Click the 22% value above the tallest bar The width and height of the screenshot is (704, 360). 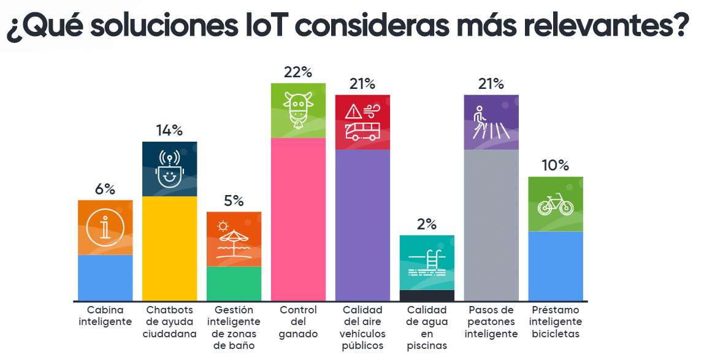coord(298,72)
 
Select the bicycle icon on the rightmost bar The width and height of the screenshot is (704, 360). coord(555,204)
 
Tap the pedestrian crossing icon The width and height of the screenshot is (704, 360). coord(491,123)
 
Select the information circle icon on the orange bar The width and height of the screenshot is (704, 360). coord(105,228)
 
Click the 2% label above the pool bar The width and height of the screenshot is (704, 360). coord(426,225)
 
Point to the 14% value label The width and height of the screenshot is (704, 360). coord(169,131)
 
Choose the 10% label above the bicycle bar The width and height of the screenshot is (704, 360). coord(555,166)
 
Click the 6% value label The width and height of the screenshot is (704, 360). coord(105,190)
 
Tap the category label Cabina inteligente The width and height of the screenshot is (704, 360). coord(105,316)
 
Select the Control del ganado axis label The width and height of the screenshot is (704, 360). coord(298,322)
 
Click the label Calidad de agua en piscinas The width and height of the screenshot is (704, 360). coord(427,327)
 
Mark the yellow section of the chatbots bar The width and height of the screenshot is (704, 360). coord(169,248)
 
